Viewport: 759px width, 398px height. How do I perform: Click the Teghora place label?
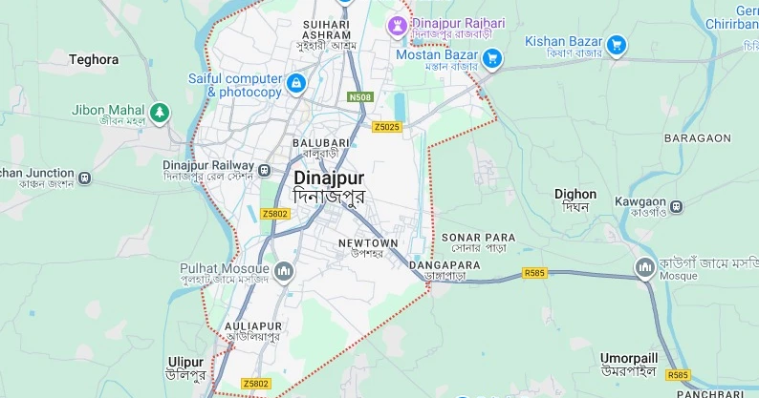[94, 59]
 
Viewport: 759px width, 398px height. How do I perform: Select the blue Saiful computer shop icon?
[296, 84]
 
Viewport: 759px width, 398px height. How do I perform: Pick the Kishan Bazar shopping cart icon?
[617, 44]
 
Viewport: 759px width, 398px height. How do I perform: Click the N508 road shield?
[360, 97]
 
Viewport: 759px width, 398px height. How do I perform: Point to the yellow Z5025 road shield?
[387, 127]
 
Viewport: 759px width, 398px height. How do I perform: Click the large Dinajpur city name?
[329, 178]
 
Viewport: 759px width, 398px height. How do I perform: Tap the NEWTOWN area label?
[367, 243]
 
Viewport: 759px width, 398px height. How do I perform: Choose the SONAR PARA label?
[478, 237]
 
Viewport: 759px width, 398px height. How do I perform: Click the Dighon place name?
[575, 195]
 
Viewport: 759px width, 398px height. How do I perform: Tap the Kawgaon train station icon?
[677, 205]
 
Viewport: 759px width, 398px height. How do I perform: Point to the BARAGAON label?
[697, 138]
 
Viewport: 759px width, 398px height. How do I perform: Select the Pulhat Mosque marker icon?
[283, 274]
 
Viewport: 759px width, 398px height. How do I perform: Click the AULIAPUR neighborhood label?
[253, 326]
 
